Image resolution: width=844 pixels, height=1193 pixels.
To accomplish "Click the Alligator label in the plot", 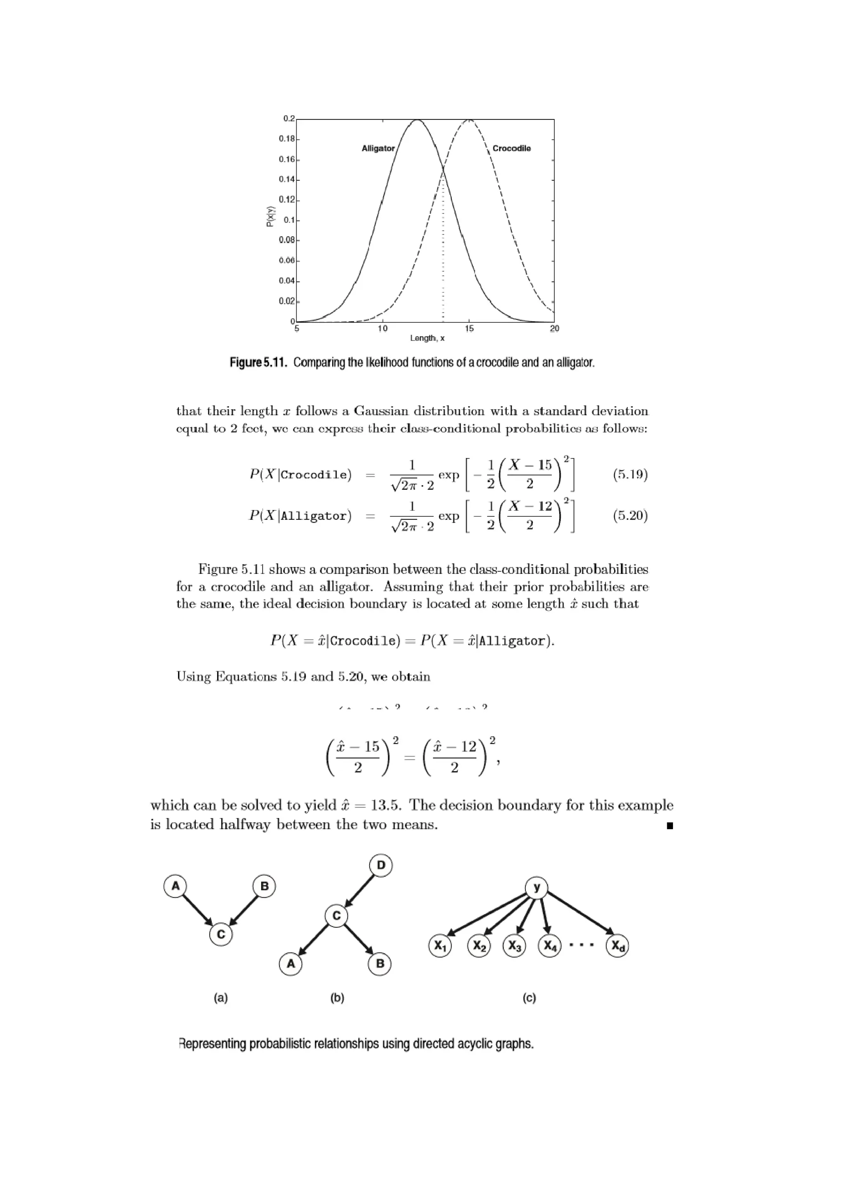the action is (378, 149).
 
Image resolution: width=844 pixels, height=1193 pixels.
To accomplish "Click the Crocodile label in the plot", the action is (511, 149).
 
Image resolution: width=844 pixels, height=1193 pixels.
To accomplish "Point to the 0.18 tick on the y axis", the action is (286, 139).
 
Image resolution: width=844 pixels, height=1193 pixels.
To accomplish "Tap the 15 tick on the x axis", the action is (469, 328).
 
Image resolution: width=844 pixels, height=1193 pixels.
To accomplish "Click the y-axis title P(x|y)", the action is (270, 217).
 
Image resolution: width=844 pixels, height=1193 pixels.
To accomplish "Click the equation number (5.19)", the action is (630, 475).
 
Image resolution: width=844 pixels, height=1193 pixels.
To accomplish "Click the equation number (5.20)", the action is (630, 516).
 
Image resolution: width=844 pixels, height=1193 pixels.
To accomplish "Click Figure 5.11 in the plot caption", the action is (258, 362).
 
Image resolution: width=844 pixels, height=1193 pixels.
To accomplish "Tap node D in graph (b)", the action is (380, 866).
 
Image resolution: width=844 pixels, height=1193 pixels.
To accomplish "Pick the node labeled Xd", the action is (617, 947).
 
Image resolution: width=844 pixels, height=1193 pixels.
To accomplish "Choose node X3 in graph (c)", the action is (514, 947).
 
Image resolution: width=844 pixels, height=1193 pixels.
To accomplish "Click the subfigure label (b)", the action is (337, 998).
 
